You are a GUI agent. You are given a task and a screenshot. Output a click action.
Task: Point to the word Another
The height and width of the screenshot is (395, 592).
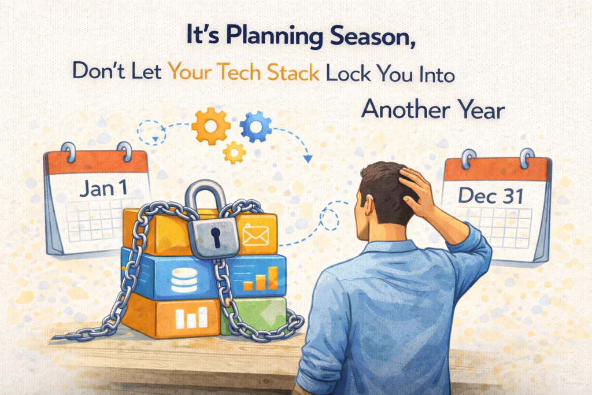pyautogui.click(x=405, y=109)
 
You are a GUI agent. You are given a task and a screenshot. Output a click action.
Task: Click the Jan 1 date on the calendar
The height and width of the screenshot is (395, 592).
pyautogui.click(x=103, y=188)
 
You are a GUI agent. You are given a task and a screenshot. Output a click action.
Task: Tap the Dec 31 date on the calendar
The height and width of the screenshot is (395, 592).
pyautogui.click(x=491, y=195)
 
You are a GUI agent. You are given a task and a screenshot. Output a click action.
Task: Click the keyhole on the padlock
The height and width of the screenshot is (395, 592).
pyautogui.click(x=216, y=237)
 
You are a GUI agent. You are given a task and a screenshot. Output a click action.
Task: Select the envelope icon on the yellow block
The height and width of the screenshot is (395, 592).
pyautogui.click(x=256, y=235)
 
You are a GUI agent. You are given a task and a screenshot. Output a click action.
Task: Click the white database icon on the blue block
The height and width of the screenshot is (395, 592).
pyautogui.click(x=184, y=280)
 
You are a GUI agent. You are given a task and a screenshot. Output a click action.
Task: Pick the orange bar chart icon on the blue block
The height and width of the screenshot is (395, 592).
pyautogui.click(x=260, y=279)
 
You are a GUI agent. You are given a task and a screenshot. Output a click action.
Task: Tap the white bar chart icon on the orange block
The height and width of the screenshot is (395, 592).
pyautogui.click(x=191, y=318)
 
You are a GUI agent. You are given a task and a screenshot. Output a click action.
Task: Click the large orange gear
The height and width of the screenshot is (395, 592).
pyautogui.click(x=210, y=127)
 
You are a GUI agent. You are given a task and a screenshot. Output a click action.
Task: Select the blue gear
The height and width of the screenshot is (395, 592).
pyautogui.click(x=256, y=127)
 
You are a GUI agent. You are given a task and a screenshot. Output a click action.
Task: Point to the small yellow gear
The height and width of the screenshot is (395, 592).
pyautogui.click(x=234, y=153)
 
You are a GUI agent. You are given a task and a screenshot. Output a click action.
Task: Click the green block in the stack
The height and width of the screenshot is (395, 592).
pyautogui.click(x=254, y=315)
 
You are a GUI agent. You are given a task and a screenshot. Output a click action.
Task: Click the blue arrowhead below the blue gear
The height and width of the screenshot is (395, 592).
pyautogui.click(x=308, y=159)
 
